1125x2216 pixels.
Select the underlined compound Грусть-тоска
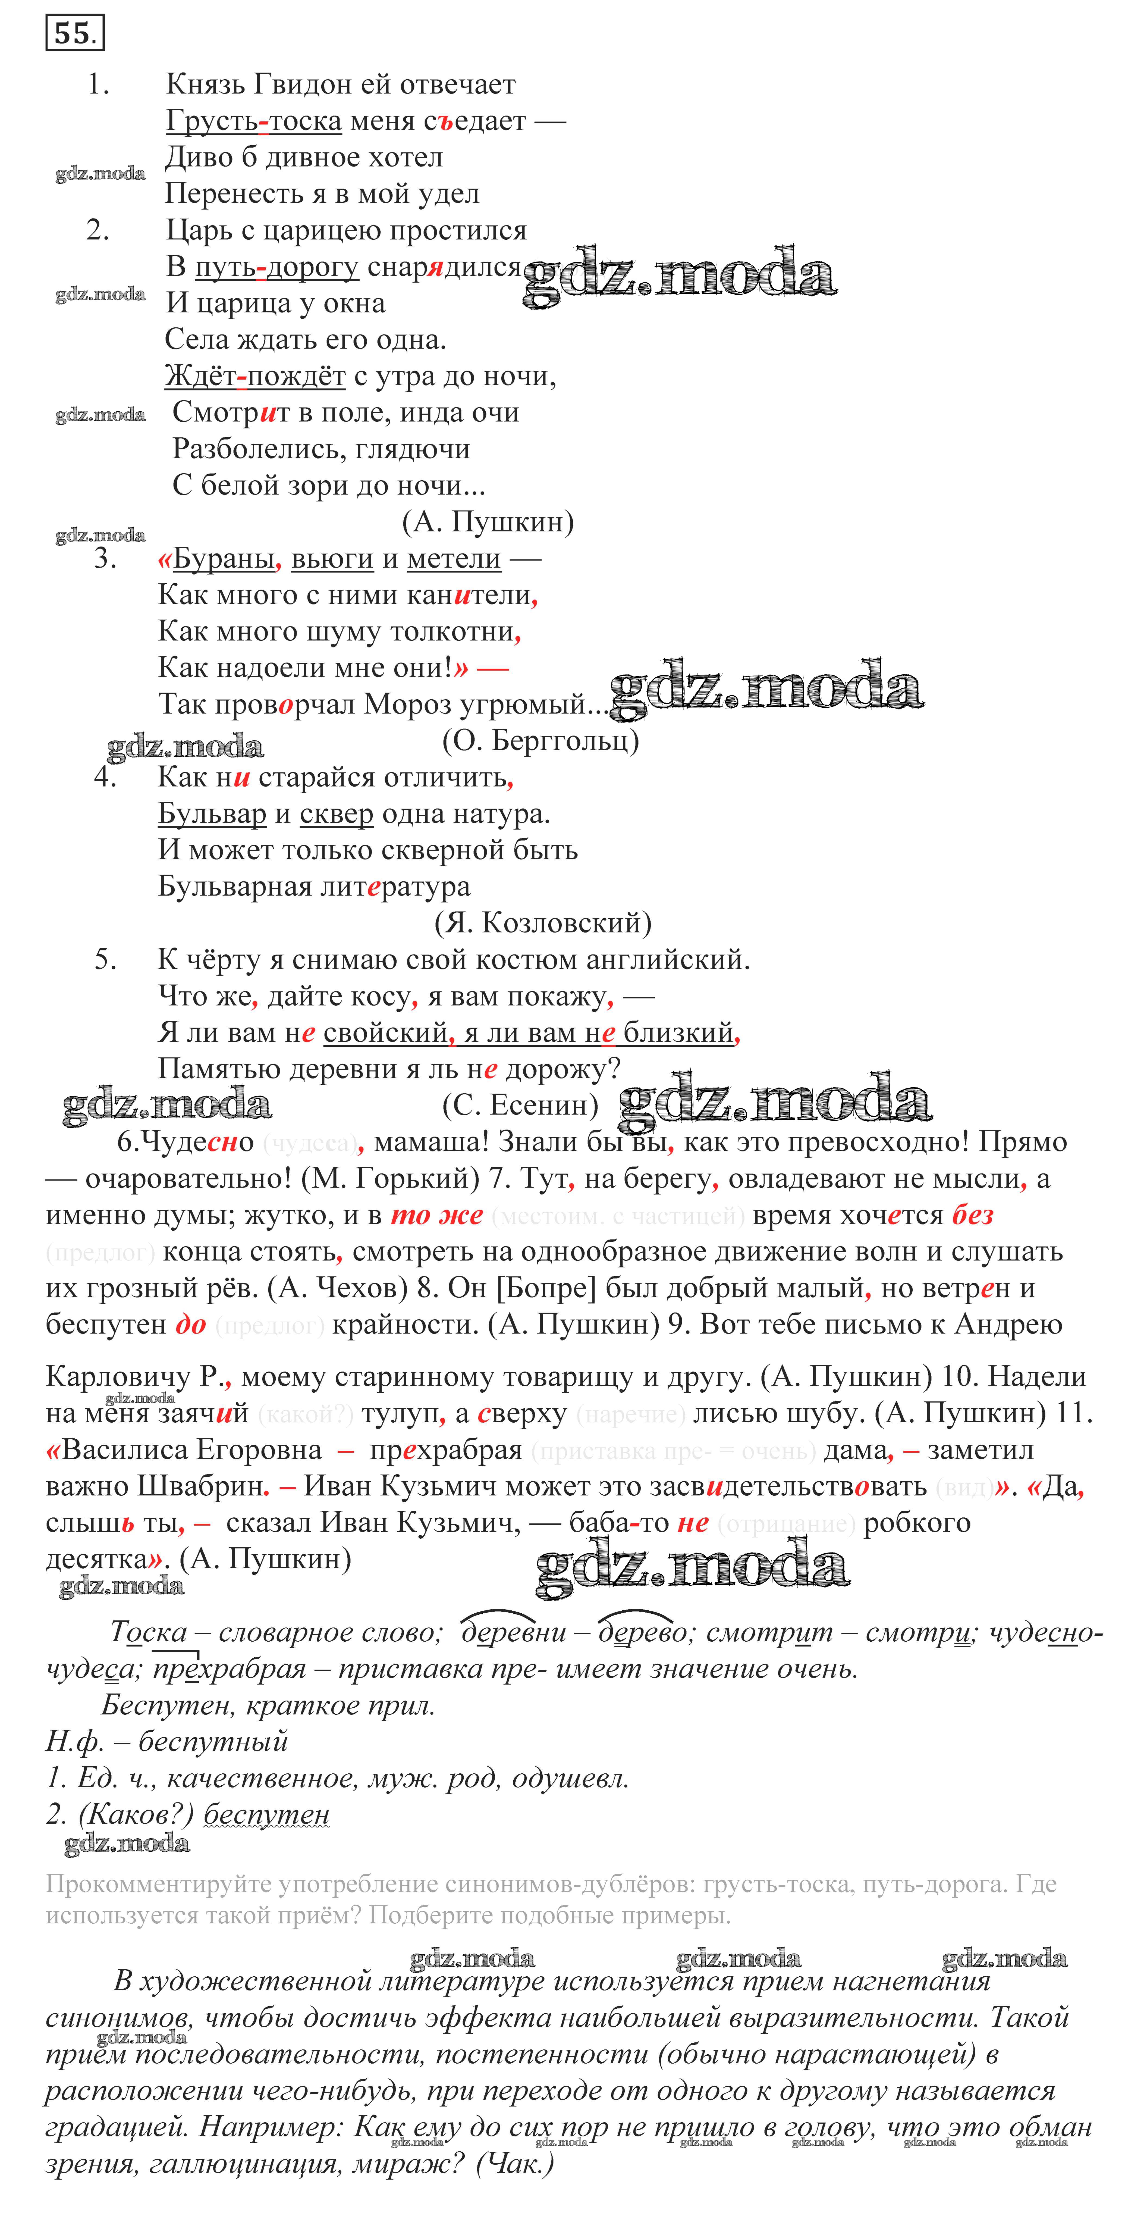pyautogui.click(x=254, y=121)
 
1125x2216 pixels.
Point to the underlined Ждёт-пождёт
pyautogui.click(x=254, y=376)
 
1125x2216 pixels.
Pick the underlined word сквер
pyautogui.click(x=336, y=814)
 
